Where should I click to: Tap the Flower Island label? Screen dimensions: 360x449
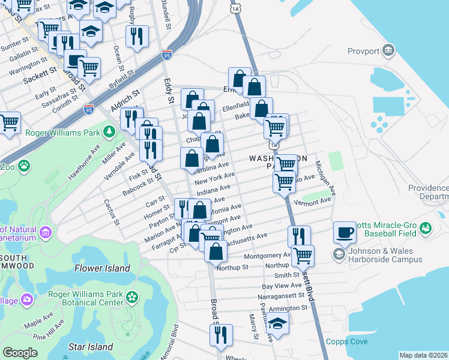pos(102,268)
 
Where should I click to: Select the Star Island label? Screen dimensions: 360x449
pos(91,347)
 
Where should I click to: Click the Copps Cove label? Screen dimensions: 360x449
pos(343,342)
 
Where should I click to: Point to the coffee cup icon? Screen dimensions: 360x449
pos(345,232)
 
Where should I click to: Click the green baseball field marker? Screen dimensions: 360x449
pos(426,227)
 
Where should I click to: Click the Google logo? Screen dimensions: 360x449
pos(20,353)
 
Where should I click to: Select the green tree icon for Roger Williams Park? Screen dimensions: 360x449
pos(109,131)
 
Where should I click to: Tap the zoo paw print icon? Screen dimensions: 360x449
pos(24,165)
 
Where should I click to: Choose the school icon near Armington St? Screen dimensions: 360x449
pos(277,325)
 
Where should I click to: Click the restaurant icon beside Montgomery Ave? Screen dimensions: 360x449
pos(298,235)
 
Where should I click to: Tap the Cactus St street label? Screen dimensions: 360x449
pos(112,213)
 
